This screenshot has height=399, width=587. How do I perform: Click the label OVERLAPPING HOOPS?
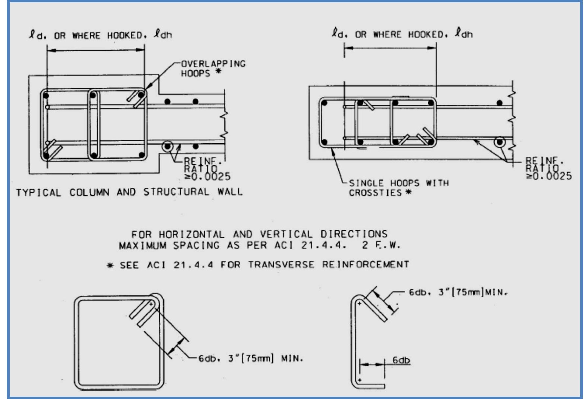click(213, 68)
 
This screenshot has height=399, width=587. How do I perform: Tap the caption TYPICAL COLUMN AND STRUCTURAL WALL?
click(129, 192)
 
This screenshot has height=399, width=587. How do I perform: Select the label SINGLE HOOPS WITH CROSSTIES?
click(398, 188)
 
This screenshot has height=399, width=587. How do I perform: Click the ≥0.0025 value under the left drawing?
click(208, 177)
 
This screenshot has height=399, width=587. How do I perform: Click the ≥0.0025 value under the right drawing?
click(549, 176)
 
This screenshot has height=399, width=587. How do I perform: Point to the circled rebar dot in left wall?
click(168, 146)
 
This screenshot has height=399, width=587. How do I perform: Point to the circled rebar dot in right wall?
click(500, 142)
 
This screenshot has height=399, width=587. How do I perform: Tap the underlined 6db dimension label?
click(401, 360)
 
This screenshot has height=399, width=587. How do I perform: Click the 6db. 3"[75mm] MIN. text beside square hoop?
click(250, 359)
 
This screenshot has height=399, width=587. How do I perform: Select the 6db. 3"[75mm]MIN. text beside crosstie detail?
click(458, 292)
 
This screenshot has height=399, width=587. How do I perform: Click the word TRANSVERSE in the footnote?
click(281, 265)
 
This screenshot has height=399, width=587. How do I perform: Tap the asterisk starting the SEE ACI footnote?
click(110, 266)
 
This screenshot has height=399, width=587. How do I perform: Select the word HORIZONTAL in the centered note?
click(192, 234)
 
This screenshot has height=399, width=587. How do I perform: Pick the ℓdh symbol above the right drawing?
click(463, 34)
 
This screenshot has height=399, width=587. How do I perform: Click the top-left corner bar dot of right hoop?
click(325, 103)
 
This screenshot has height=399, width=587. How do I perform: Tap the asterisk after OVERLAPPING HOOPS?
click(218, 71)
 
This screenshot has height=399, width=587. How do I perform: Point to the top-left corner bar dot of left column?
click(46, 96)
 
